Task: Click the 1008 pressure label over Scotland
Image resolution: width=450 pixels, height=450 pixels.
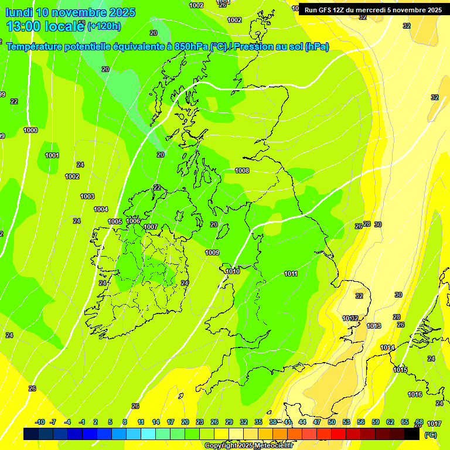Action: pos(242,171)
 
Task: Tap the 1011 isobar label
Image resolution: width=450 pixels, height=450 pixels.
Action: pos(291,274)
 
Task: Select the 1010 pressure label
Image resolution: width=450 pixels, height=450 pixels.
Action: pos(233,271)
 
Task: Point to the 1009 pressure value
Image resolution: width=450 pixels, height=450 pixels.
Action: pos(212,253)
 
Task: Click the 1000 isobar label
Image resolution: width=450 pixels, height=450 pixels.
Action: pos(30,130)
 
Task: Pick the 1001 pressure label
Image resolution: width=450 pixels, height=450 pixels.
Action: pos(52,155)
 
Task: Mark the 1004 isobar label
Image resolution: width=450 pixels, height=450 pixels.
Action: pos(101,209)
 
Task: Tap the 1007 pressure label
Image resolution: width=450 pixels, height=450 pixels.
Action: pos(151,227)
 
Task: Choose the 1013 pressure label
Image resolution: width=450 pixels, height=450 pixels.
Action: pos(374,326)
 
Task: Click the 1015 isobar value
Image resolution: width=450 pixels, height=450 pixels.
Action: pos(400,370)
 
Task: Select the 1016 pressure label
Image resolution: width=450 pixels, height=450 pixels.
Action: pos(415,394)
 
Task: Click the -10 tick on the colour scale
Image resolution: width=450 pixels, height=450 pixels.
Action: pos(40,422)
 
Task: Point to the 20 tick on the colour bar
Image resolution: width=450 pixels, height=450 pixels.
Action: pos(185,422)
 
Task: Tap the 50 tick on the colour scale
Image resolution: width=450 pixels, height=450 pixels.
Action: pos(332,422)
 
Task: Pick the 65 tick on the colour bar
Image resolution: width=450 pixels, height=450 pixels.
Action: pos(404,422)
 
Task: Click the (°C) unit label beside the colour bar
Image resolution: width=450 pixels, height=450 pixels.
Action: pos(430,435)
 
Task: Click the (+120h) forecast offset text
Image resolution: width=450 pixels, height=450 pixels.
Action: pos(104,26)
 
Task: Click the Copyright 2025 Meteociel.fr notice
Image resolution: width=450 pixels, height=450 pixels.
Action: pos(249,445)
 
